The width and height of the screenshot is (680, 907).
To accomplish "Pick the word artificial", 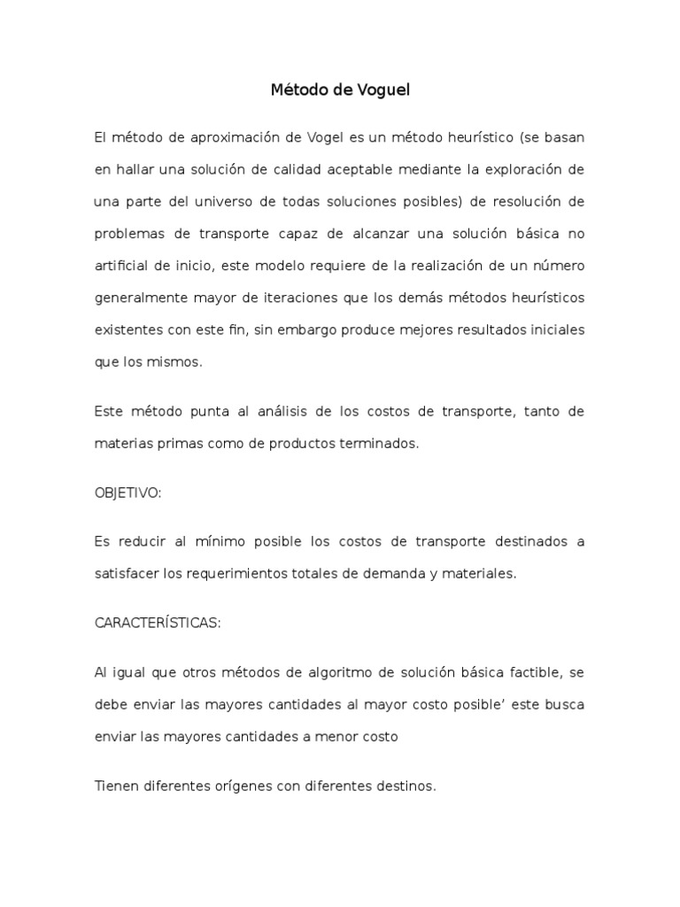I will point(121,265).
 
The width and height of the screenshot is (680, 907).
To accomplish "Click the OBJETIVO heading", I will point(127,493).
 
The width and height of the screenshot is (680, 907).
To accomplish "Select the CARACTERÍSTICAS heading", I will point(158,623).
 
